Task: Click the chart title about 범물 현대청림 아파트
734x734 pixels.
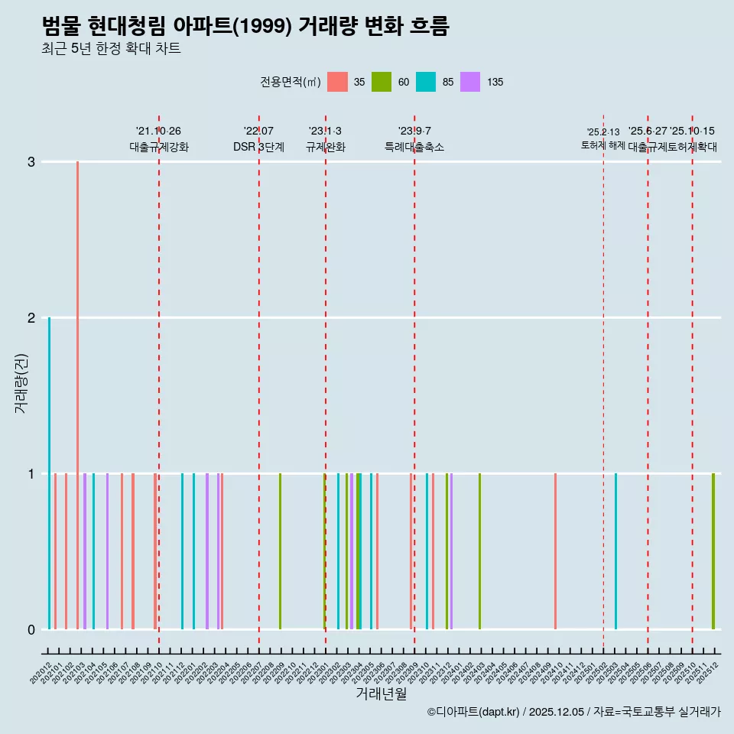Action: (x=245, y=27)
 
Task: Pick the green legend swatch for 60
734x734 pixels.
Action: (x=382, y=82)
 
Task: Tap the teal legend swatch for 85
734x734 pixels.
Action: (x=426, y=82)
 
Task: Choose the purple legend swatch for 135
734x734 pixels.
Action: (x=470, y=82)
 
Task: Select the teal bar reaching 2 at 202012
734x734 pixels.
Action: (x=50, y=474)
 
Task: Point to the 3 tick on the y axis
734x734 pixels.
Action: (x=31, y=162)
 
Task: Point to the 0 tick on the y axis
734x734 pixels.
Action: (x=31, y=629)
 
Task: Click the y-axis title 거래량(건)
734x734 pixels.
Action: (x=21, y=382)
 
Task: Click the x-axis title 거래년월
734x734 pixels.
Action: (x=381, y=693)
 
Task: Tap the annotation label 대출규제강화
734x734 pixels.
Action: (x=158, y=147)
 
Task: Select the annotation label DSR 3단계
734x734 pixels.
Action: (x=258, y=147)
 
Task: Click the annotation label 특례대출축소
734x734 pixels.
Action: (x=414, y=147)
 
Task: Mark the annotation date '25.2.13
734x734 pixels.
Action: (x=603, y=132)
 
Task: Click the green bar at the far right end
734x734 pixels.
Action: (x=713, y=550)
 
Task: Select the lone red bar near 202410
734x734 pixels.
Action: (x=555, y=550)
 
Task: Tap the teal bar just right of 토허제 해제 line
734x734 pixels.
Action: (x=615, y=550)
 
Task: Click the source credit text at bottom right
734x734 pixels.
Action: (x=573, y=712)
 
